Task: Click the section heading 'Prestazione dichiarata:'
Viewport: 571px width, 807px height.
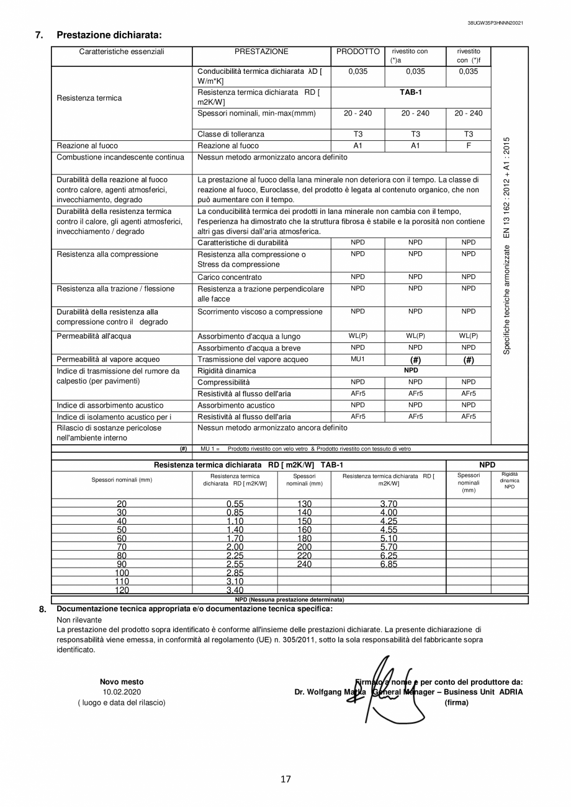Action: point(109,35)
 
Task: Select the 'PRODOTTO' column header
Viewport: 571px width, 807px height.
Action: point(357,52)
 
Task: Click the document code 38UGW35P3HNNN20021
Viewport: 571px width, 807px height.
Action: point(495,23)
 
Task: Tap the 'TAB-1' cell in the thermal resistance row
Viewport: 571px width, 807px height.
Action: point(410,92)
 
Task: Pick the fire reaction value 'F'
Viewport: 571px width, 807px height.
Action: point(468,146)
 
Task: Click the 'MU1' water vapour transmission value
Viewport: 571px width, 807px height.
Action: point(357,359)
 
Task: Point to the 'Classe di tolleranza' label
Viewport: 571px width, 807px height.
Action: point(230,134)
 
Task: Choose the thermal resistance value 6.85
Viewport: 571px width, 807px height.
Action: point(389,564)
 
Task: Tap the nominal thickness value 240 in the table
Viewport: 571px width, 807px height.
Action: point(304,564)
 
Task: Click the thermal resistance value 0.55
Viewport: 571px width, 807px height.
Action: point(235,504)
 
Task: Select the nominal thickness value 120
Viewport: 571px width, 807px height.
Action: point(122,591)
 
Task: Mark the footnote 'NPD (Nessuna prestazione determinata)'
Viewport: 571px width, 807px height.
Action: point(289,600)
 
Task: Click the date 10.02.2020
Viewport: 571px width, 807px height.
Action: point(122,692)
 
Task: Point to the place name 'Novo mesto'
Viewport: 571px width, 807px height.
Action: point(122,682)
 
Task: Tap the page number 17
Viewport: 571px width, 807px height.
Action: point(285,780)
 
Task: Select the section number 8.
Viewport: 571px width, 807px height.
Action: point(42,609)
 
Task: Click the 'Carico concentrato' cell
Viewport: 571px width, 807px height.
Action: point(230,277)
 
